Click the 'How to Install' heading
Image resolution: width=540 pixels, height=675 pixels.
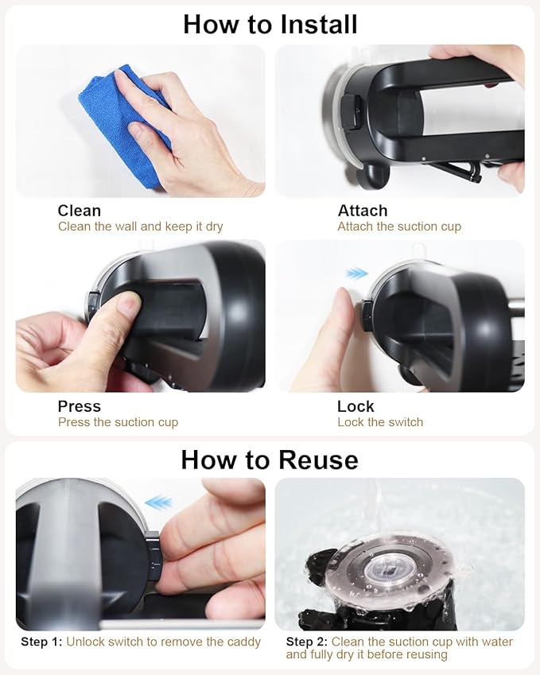click(x=270, y=24)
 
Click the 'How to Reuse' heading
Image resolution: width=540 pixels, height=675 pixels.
click(x=270, y=460)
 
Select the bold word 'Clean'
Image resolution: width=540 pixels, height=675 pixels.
click(x=80, y=211)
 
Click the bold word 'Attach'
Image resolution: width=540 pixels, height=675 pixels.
click(x=363, y=211)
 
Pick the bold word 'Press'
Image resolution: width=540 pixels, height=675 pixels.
click(x=80, y=406)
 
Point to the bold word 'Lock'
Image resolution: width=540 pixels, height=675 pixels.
click(x=355, y=406)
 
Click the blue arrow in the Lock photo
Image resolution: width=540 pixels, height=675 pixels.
click(x=356, y=273)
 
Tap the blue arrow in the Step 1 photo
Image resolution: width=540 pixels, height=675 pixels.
click(x=158, y=502)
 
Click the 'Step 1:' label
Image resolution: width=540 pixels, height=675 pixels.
click(x=42, y=642)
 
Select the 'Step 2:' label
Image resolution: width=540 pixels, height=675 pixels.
click(x=307, y=642)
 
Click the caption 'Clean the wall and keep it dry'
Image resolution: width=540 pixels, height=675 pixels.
click(x=141, y=227)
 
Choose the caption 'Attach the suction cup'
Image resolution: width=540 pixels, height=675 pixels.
click(x=399, y=227)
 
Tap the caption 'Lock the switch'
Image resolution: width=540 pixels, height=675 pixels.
click(x=380, y=422)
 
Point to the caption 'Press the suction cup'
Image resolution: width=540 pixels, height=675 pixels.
click(x=118, y=422)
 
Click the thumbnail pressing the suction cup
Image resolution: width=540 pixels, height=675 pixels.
click(x=141, y=316)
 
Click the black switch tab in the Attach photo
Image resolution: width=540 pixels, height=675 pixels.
click(x=351, y=113)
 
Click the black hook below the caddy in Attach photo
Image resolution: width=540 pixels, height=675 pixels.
click(x=373, y=175)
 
